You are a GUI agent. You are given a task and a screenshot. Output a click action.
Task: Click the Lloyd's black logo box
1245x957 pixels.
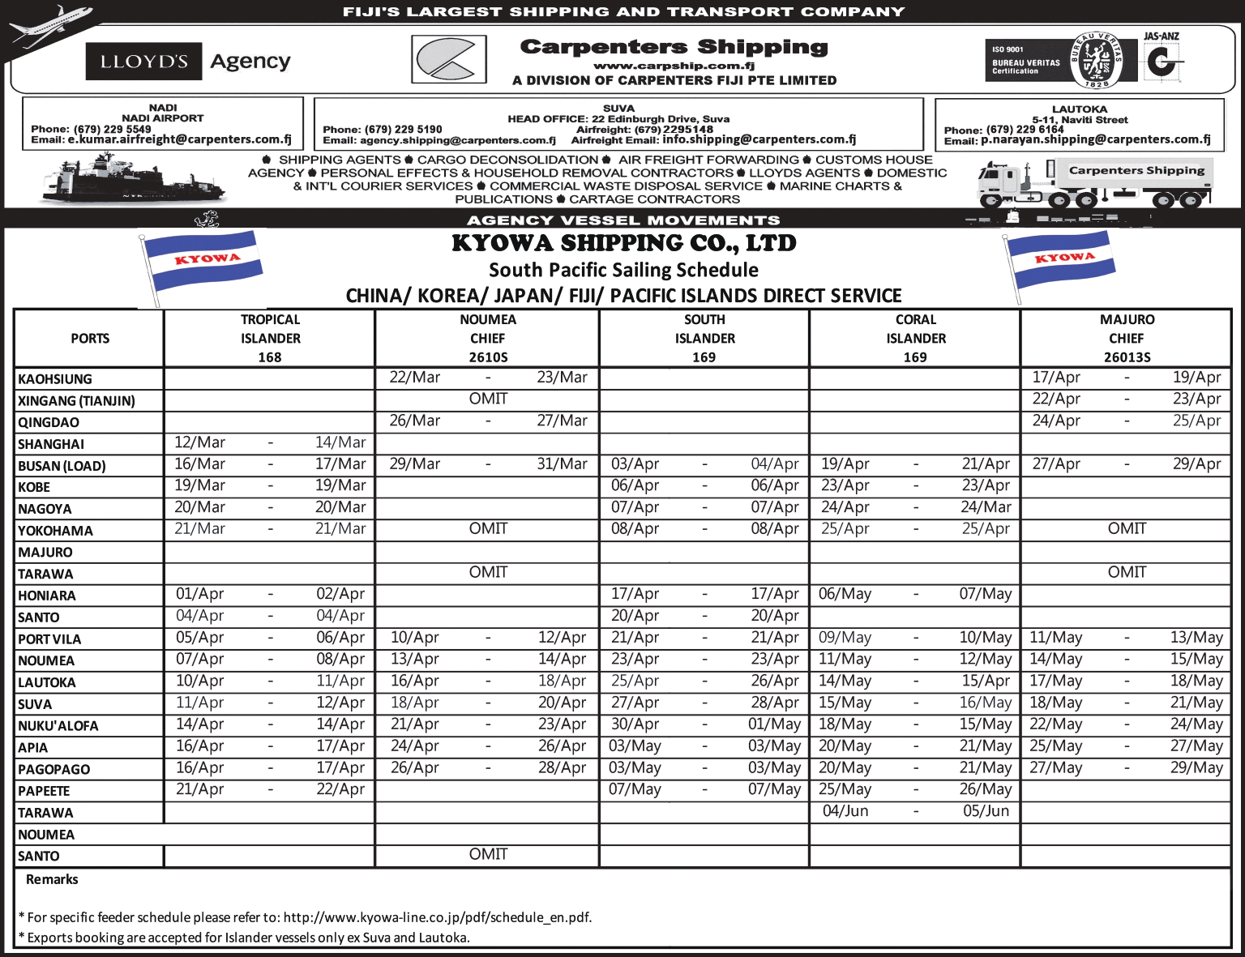pos(143,62)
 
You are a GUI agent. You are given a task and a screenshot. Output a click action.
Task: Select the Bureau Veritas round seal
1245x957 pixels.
pos(1096,61)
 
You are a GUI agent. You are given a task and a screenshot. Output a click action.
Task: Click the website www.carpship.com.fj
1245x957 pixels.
pos(674,66)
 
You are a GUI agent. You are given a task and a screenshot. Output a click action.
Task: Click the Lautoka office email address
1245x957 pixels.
pos(1095,140)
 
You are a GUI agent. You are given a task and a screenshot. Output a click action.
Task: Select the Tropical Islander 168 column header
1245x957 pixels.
pos(270,339)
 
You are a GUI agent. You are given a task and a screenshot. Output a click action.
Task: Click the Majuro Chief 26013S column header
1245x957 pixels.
pos(1127,339)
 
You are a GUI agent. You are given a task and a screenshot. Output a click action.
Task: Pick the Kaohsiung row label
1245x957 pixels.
pos(55,379)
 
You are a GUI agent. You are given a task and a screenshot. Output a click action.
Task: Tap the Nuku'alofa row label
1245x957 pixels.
pos(58,726)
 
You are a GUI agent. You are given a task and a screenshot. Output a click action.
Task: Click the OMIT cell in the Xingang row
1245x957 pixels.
pos(488,399)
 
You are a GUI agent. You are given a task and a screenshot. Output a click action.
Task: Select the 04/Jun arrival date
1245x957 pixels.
pos(845,811)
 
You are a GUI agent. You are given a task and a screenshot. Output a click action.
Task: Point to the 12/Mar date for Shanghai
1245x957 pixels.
pos(199,442)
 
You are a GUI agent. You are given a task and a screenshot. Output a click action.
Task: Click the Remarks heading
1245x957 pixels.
pos(52,880)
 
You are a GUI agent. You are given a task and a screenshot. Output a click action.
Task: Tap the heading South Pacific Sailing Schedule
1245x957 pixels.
pos(623,270)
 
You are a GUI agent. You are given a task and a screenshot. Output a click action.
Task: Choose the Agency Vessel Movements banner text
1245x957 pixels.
pos(623,220)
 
